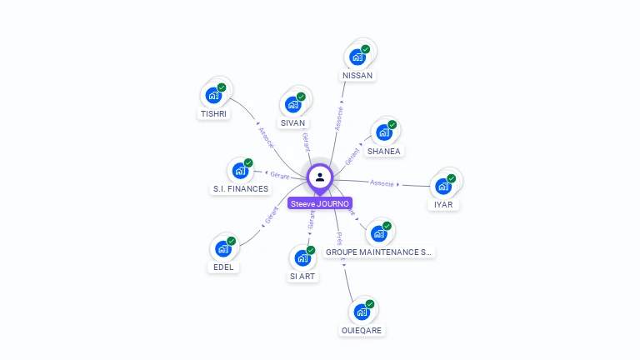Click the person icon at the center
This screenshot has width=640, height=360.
[x=320, y=177]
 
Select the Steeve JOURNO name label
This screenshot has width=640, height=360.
[x=320, y=203]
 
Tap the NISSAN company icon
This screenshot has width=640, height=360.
[x=357, y=57]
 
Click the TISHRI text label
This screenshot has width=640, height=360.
[x=213, y=113]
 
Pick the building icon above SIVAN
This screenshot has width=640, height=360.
[x=292, y=104]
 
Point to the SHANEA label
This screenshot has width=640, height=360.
[x=384, y=151]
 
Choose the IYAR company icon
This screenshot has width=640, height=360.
[x=443, y=186]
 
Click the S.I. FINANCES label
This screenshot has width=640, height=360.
[x=241, y=188]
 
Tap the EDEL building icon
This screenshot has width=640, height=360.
[x=223, y=248]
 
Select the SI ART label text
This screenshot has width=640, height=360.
[x=302, y=276]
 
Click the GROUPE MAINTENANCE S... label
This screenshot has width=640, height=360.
[x=379, y=251]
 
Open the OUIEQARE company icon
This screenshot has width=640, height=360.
[x=362, y=312]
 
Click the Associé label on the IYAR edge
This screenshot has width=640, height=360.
[x=382, y=182]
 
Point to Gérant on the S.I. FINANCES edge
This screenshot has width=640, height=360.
[x=279, y=175]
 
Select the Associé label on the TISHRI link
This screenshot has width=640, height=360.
[x=266, y=137]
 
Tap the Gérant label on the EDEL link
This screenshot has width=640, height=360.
[x=271, y=215]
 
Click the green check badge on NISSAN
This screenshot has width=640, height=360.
[x=365, y=49]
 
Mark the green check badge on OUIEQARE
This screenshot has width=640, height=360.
[x=369, y=304]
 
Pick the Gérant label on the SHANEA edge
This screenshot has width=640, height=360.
[x=352, y=154]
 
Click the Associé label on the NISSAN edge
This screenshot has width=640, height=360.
[x=339, y=117]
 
